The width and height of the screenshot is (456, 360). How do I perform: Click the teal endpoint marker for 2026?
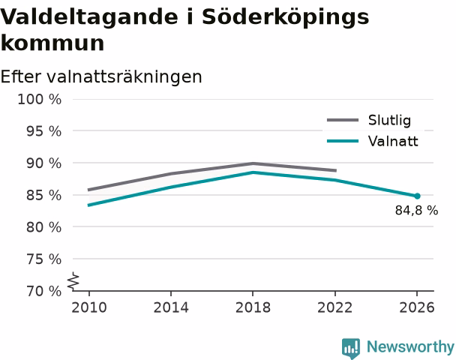pyautogui.click(x=417, y=196)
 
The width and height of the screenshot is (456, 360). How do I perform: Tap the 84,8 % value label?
pyautogui.click(x=416, y=210)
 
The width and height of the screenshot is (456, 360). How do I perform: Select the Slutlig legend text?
pyautogui.click(x=389, y=121)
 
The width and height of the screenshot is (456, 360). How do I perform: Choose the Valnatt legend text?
pyautogui.click(x=393, y=141)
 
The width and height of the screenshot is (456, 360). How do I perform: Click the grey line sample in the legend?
pyautogui.click(x=343, y=120)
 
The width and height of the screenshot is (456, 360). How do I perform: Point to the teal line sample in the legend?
pyautogui.click(x=343, y=141)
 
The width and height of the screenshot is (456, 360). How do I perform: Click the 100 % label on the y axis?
pyautogui.click(x=40, y=100)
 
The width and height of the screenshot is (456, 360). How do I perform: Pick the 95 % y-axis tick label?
pyautogui.click(x=44, y=131)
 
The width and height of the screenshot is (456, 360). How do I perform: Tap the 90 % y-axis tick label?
pyautogui.click(x=44, y=163)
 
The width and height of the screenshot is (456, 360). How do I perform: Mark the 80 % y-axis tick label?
pyautogui.click(x=44, y=227)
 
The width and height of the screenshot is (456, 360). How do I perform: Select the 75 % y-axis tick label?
pyautogui.click(x=44, y=259)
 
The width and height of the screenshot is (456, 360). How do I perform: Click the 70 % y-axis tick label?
pyautogui.click(x=44, y=291)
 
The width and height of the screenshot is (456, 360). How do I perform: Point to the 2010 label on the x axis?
pyautogui.click(x=89, y=307)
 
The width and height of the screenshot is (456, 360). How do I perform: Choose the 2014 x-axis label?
pyautogui.click(x=171, y=307)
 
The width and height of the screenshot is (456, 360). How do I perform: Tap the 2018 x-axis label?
pyautogui.click(x=253, y=307)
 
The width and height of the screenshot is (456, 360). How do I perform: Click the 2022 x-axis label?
pyautogui.click(x=335, y=307)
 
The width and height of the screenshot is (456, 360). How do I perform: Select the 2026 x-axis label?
pyautogui.click(x=417, y=307)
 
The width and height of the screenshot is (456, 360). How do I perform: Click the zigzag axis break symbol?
pyautogui.click(x=73, y=281)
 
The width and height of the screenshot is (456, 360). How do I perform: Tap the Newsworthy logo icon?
pyautogui.click(x=351, y=348)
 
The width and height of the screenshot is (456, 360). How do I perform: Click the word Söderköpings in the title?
pyautogui.click(x=285, y=17)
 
